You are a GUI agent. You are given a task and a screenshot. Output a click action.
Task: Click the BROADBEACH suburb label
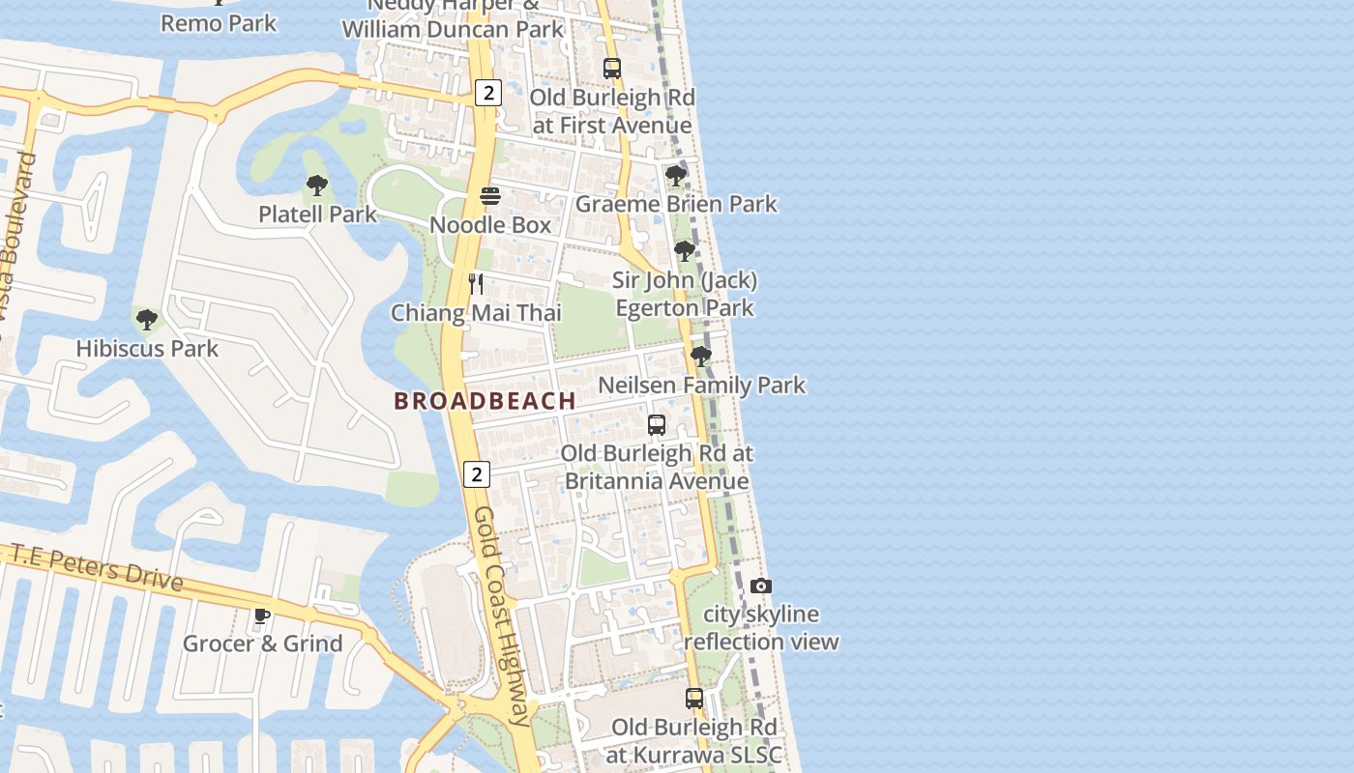pos(485,401)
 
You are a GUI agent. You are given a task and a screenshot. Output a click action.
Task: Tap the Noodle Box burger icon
pos(490,197)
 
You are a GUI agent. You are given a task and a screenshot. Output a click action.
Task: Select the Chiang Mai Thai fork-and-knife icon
pos(475,284)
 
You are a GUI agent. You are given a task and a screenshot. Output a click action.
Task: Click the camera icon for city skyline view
pos(761,587)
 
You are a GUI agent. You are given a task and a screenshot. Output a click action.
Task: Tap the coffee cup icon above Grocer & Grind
pos(262,616)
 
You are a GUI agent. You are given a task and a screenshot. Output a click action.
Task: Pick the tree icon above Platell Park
pos(316,186)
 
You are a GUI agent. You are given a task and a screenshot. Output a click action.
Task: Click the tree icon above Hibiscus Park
pos(147,320)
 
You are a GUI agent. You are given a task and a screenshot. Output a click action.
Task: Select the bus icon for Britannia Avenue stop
pos(657,425)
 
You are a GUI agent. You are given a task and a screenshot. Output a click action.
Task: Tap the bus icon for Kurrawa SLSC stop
pos(694,699)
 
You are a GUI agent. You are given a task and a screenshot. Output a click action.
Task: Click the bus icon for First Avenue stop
pos(611,69)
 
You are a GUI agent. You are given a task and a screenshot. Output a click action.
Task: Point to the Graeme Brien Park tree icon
pos(675,176)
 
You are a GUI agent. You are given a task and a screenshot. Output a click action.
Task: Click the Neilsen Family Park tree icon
pos(701,357)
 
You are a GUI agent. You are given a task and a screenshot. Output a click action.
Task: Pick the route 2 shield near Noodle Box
pos(488,93)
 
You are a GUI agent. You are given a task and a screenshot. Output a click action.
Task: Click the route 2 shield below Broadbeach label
pos(477,474)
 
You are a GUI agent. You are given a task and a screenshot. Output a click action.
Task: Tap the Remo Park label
pos(219,23)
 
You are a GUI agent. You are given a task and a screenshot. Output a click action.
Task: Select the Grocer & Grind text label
pos(262,644)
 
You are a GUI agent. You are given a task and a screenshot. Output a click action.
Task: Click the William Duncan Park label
pos(453,29)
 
